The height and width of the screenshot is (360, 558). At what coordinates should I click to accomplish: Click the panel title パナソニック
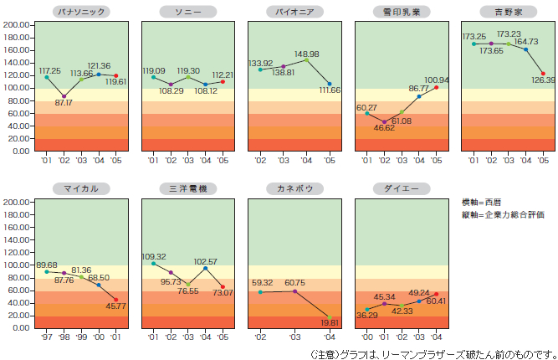point(78,11)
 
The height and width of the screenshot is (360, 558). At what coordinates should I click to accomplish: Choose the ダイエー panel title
point(398,188)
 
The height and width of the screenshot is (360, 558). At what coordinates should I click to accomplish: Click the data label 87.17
point(63,103)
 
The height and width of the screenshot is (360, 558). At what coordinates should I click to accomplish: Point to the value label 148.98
point(307,54)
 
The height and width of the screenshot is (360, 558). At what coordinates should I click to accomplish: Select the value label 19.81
point(330,322)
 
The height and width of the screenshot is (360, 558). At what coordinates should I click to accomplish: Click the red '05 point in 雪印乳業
point(437,87)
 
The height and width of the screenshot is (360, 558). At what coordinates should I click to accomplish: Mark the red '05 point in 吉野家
point(543,73)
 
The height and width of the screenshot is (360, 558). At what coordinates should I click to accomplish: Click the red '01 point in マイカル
point(115,299)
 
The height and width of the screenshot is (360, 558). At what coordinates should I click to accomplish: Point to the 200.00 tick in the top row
point(18,24)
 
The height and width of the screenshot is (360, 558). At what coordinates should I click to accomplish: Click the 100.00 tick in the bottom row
point(18,265)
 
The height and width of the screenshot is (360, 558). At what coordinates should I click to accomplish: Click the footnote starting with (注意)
point(432,352)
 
